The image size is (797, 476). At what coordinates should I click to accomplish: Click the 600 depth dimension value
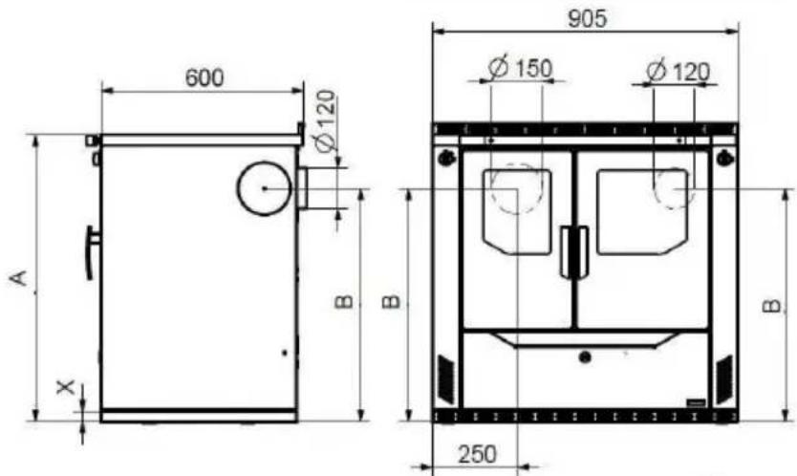(205, 77)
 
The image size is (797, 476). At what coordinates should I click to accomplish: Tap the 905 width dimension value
(587, 19)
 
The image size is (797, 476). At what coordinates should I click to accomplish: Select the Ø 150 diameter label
(520, 68)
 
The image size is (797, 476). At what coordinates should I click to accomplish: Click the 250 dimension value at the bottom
(477, 454)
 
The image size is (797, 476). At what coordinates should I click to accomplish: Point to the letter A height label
(19, 278)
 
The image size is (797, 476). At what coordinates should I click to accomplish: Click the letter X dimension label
(66, 387)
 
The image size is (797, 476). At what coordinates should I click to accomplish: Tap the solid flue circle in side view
(265, 188)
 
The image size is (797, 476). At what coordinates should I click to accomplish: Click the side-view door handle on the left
(93, 252)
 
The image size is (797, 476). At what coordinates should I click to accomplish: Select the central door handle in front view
(574, 252)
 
